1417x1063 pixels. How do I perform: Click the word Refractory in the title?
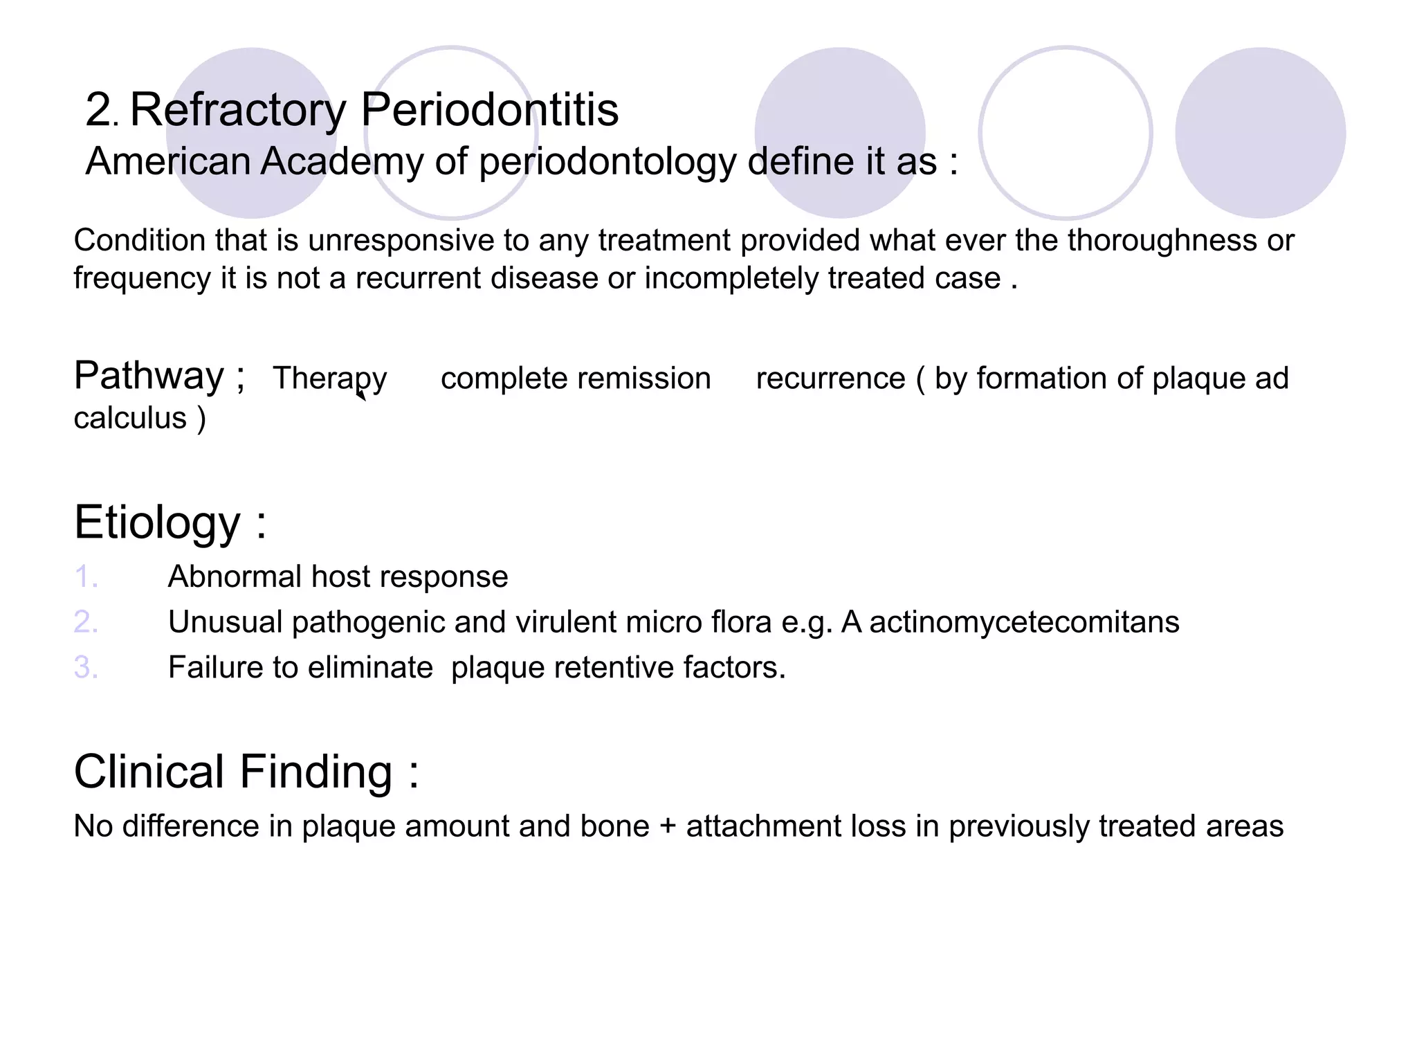pyautogui.click(x=238, y=111)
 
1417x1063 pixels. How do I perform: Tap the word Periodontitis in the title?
pyautogui.click(x=490, y=111)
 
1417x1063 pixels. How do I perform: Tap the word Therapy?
pyautogui.click(x=329, y=379)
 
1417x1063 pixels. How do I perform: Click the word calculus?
pyautogui.click(x=130, y=418)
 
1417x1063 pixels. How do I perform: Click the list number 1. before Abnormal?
pyautogui.click(x=86, y=576)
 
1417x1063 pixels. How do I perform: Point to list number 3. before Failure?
pyautogui.click(x=86, y=667)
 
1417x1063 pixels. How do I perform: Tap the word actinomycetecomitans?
pyautogui.click(x=1024, y=622)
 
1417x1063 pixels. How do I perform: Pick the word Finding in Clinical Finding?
pyautogui.click(x=316, y=772)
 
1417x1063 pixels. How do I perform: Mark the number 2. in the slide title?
pyautogui.click(x=102, y=111)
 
